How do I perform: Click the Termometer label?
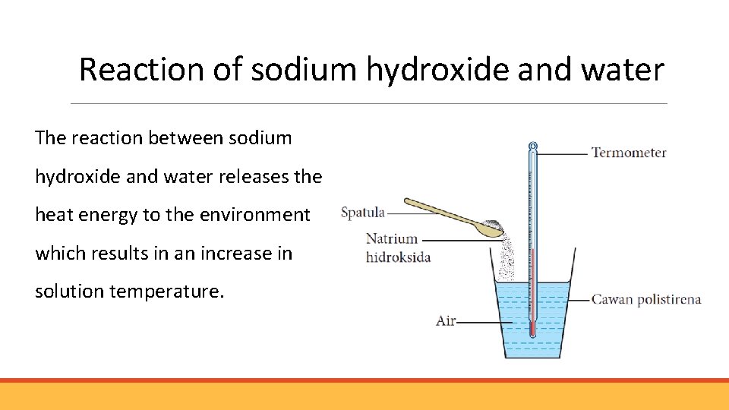coord(629,153)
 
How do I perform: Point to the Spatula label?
coord(363,213)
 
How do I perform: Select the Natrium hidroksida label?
coord(398,248)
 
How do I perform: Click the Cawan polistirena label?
coord(645,299)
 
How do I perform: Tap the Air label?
coord(446,320)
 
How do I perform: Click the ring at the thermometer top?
coord(533,145)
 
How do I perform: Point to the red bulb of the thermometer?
coord(532,329)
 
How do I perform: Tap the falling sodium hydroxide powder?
coord(504,254)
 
